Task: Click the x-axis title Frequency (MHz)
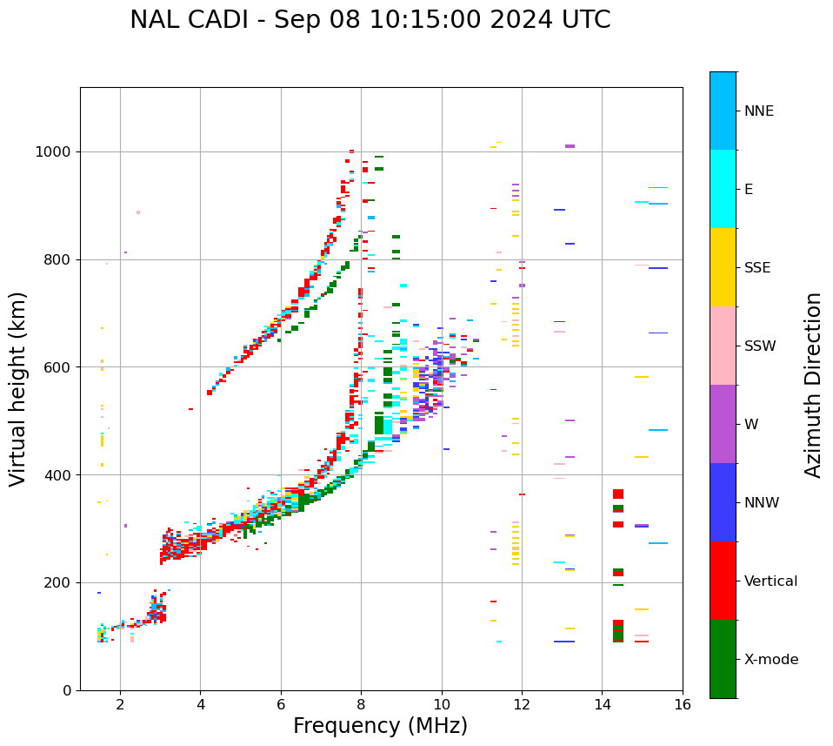pos(380,726)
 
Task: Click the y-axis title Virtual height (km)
pos(18,389)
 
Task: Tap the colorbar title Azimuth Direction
pos(813,385)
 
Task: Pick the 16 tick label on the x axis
pos(682,704)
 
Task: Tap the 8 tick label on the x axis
pos(361,704)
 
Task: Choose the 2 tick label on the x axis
pos(120,704)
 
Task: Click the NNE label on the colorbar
pos(758,111)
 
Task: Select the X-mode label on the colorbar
pos(770,660)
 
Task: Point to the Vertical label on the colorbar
pos(770,581)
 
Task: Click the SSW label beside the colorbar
pos(760,346)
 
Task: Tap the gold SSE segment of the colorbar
pos(723,267)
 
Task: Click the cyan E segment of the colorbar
pos(723,189)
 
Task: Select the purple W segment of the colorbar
pos(723,424)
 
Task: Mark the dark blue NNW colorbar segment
pos(723,502)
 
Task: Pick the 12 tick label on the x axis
pos(522,704)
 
